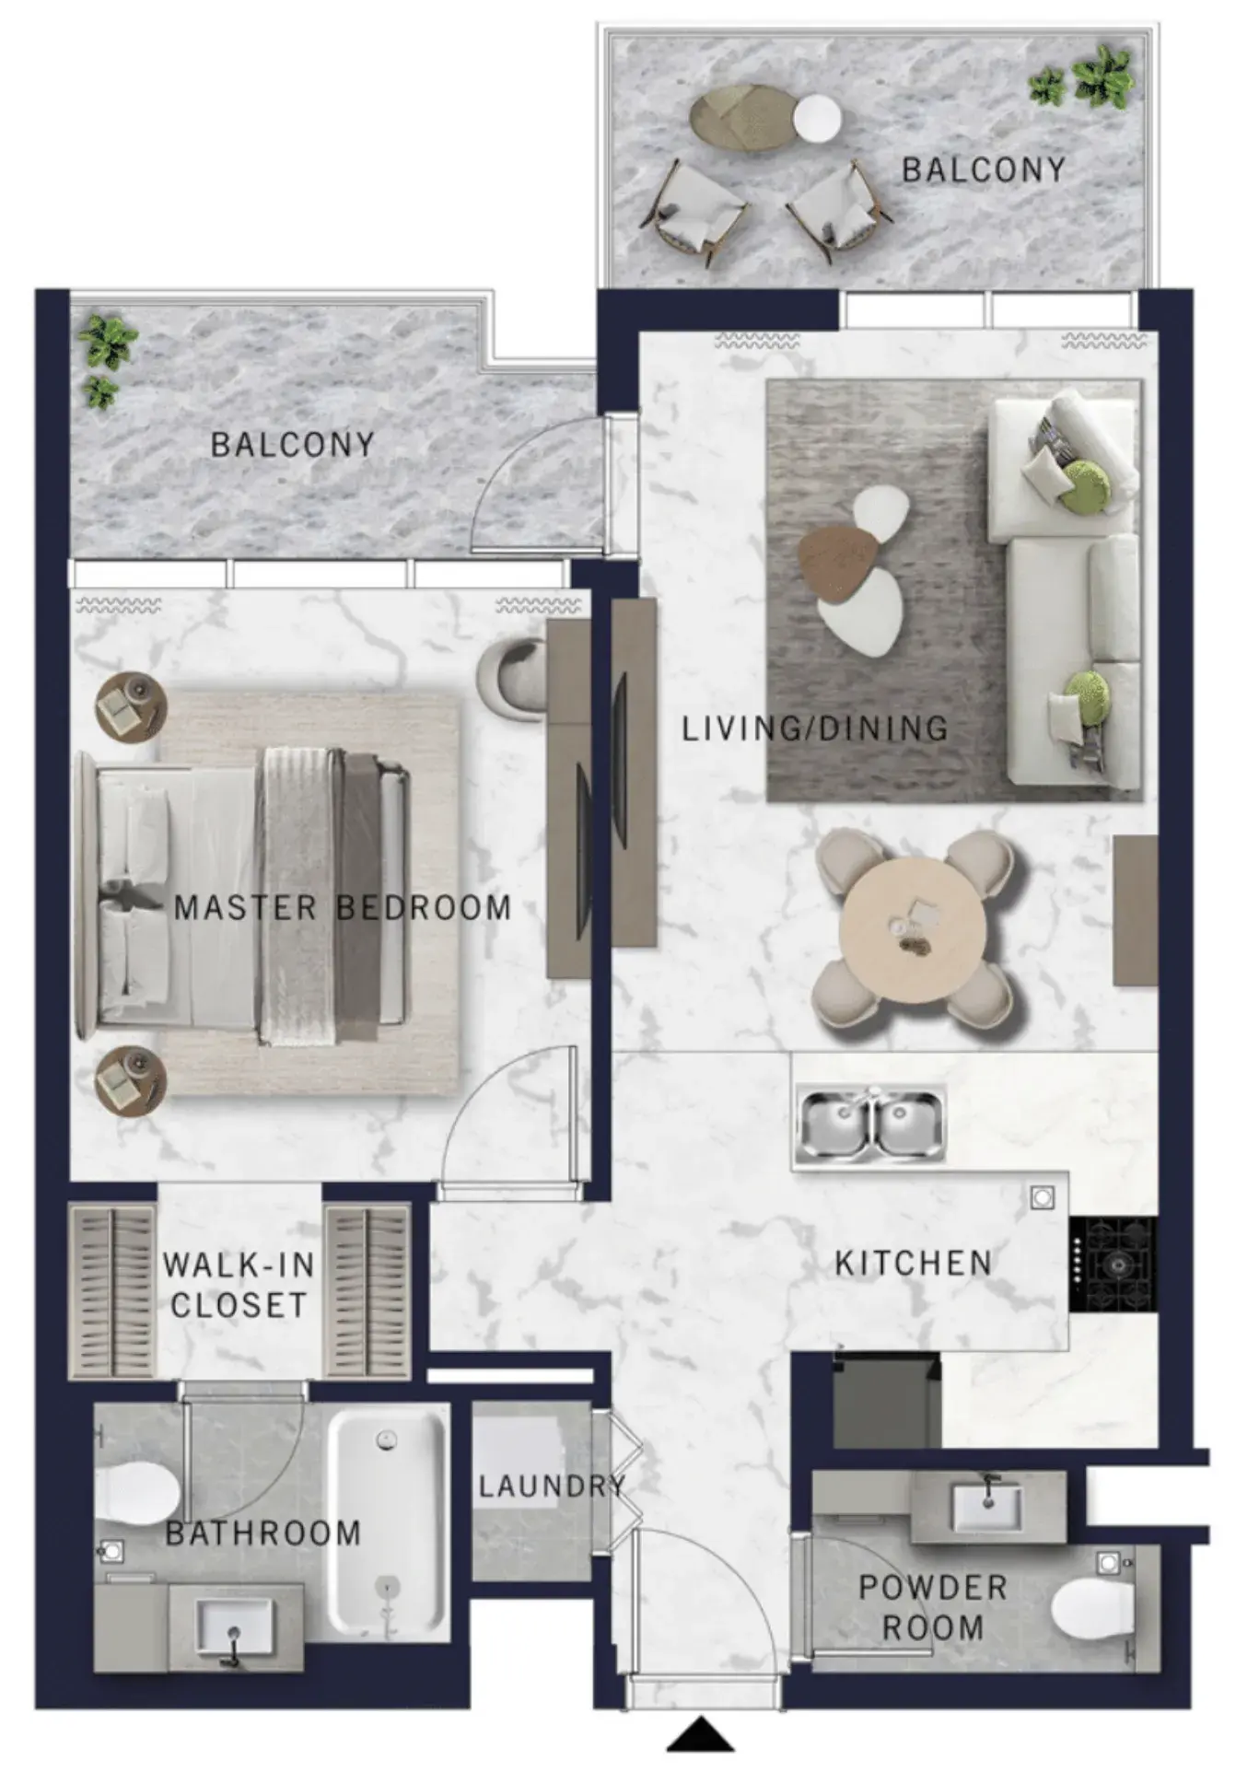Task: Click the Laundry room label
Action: click(x=552, y=1486)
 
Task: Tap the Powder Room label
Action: click(x=933, y=1607)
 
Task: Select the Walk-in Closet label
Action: click(x=239, y=1285)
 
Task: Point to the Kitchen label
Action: click(x=914, y=1263)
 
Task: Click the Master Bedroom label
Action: click(x=343, y=908)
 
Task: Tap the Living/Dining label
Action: click(x=815, y=729)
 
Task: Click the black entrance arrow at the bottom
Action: click(x=701, y=1734)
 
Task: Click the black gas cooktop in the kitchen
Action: click(x=1113, y=1265)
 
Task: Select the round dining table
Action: click(x=913, y=930)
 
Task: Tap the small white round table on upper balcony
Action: click(x=817, y=119)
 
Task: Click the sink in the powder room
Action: click(x=985, y=1507)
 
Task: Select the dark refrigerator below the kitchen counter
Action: click(x=887, y=1399)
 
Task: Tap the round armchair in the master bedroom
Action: click(x=512, y=678)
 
